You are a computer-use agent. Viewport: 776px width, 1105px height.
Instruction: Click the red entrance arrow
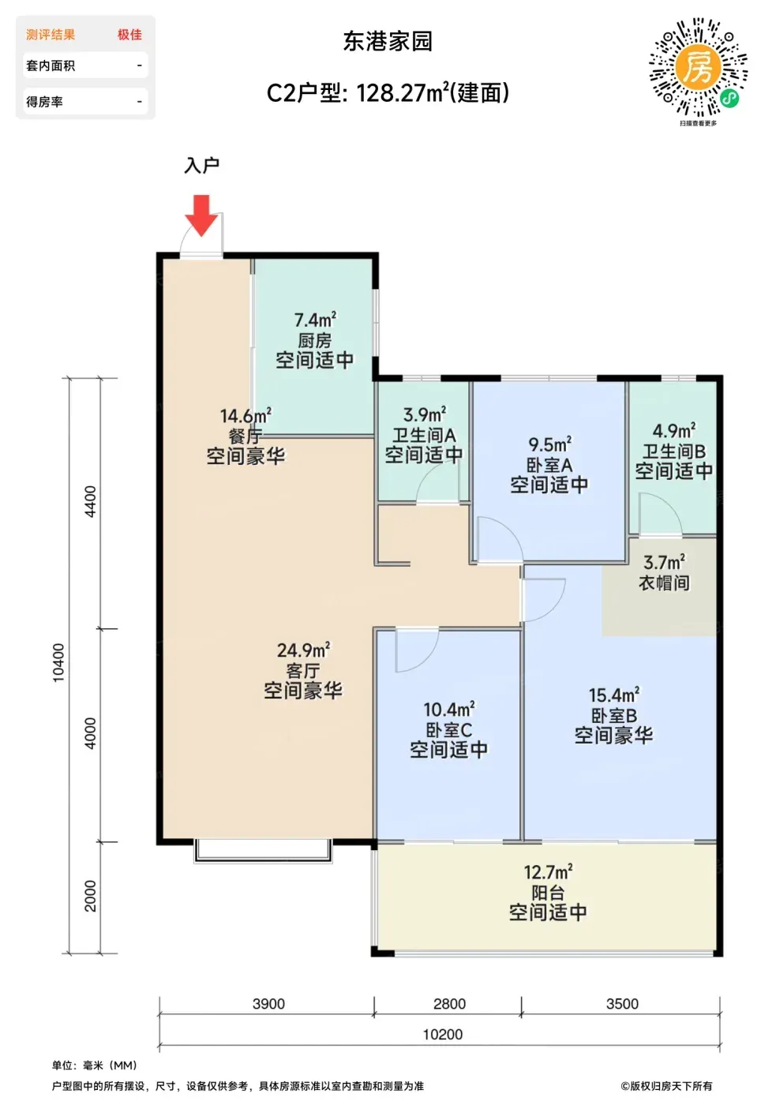point(201,215)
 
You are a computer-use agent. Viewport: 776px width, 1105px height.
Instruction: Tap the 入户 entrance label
point(202,165)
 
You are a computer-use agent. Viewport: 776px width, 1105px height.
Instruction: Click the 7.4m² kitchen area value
point(315,320)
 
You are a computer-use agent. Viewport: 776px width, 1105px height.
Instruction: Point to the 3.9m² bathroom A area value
point(425,414)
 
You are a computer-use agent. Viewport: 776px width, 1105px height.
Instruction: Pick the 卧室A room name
point(549,465)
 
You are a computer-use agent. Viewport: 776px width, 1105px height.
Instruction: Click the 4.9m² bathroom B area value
point(674,431)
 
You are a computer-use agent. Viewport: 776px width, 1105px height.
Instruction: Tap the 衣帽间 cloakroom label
point(664,583)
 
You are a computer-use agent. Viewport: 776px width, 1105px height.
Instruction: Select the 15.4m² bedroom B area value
point(614,695)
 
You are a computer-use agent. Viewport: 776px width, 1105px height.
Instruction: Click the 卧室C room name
point(449,729)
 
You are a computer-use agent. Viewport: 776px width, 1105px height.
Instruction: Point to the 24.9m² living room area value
point(303,650)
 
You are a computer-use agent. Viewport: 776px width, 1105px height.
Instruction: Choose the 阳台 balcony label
point(548,893)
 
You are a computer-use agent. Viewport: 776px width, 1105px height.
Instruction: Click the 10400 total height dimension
point(58,662)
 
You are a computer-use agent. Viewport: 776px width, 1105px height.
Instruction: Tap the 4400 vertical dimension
point(91,501)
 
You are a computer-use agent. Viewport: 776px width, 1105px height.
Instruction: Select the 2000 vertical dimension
point(91,895)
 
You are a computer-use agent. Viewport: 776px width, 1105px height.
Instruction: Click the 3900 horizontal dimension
point(269,1004)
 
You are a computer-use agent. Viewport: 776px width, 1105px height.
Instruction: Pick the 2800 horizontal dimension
point(449,1004)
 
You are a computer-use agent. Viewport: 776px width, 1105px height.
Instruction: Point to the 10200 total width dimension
point(443,1035)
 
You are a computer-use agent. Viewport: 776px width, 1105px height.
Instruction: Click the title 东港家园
point(388,41)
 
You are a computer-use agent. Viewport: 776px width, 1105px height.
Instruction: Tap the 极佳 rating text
point(129,35)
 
